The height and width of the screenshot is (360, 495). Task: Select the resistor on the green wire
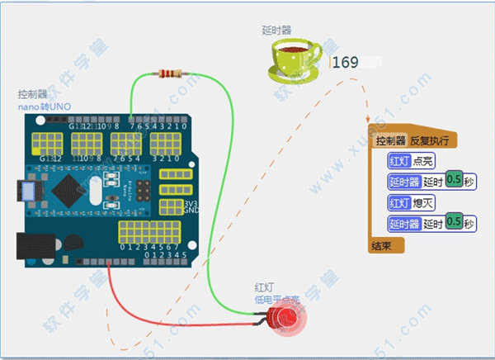(171, 74)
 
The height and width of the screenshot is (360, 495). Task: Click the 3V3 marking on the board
(192, 201)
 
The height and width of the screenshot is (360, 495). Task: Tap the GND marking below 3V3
(192, 210)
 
